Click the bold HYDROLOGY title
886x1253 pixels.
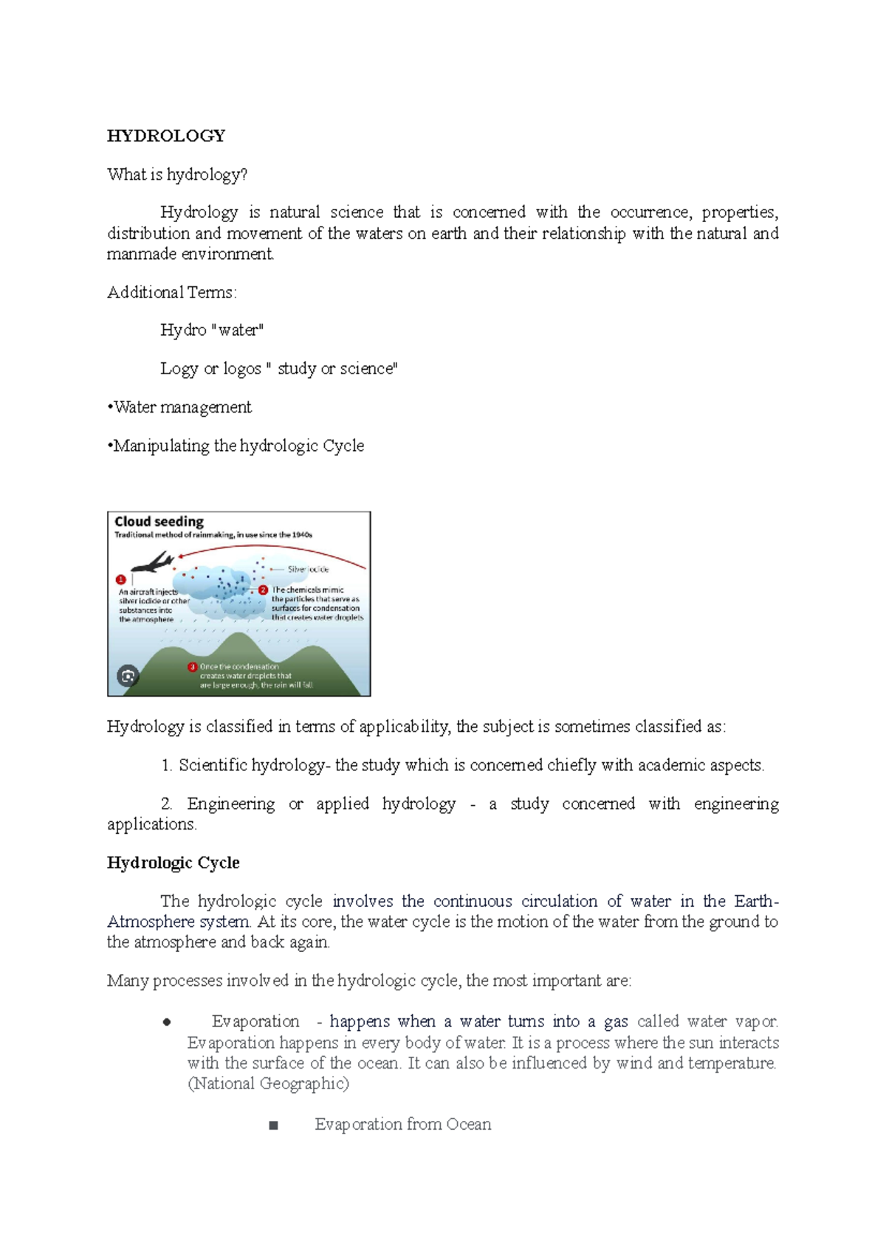coord(166,136)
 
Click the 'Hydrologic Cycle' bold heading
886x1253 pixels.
coord(174,863)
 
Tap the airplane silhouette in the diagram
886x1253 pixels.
coord(152,563)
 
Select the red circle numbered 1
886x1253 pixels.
coord(121,579)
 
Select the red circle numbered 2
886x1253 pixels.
coord(263,590)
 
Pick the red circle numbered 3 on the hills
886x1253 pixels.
coord(193,666)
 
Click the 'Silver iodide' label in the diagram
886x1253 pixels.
coord(308,569)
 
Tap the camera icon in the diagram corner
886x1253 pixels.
coord(128,675)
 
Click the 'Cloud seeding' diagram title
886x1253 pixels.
coord(159,521)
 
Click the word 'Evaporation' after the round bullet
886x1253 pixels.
coord(255,1021)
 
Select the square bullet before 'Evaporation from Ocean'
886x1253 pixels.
coord(274,1125)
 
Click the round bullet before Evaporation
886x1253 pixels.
coord(167,1022)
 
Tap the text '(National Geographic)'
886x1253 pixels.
coord(268,1083)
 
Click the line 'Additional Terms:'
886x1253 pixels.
coord(172,292)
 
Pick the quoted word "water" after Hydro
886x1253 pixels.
coord(238,330)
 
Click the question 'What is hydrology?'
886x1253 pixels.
coord(177,174)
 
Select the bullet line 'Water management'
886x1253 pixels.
coord(181,407)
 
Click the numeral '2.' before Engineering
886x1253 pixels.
coord(166,804)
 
